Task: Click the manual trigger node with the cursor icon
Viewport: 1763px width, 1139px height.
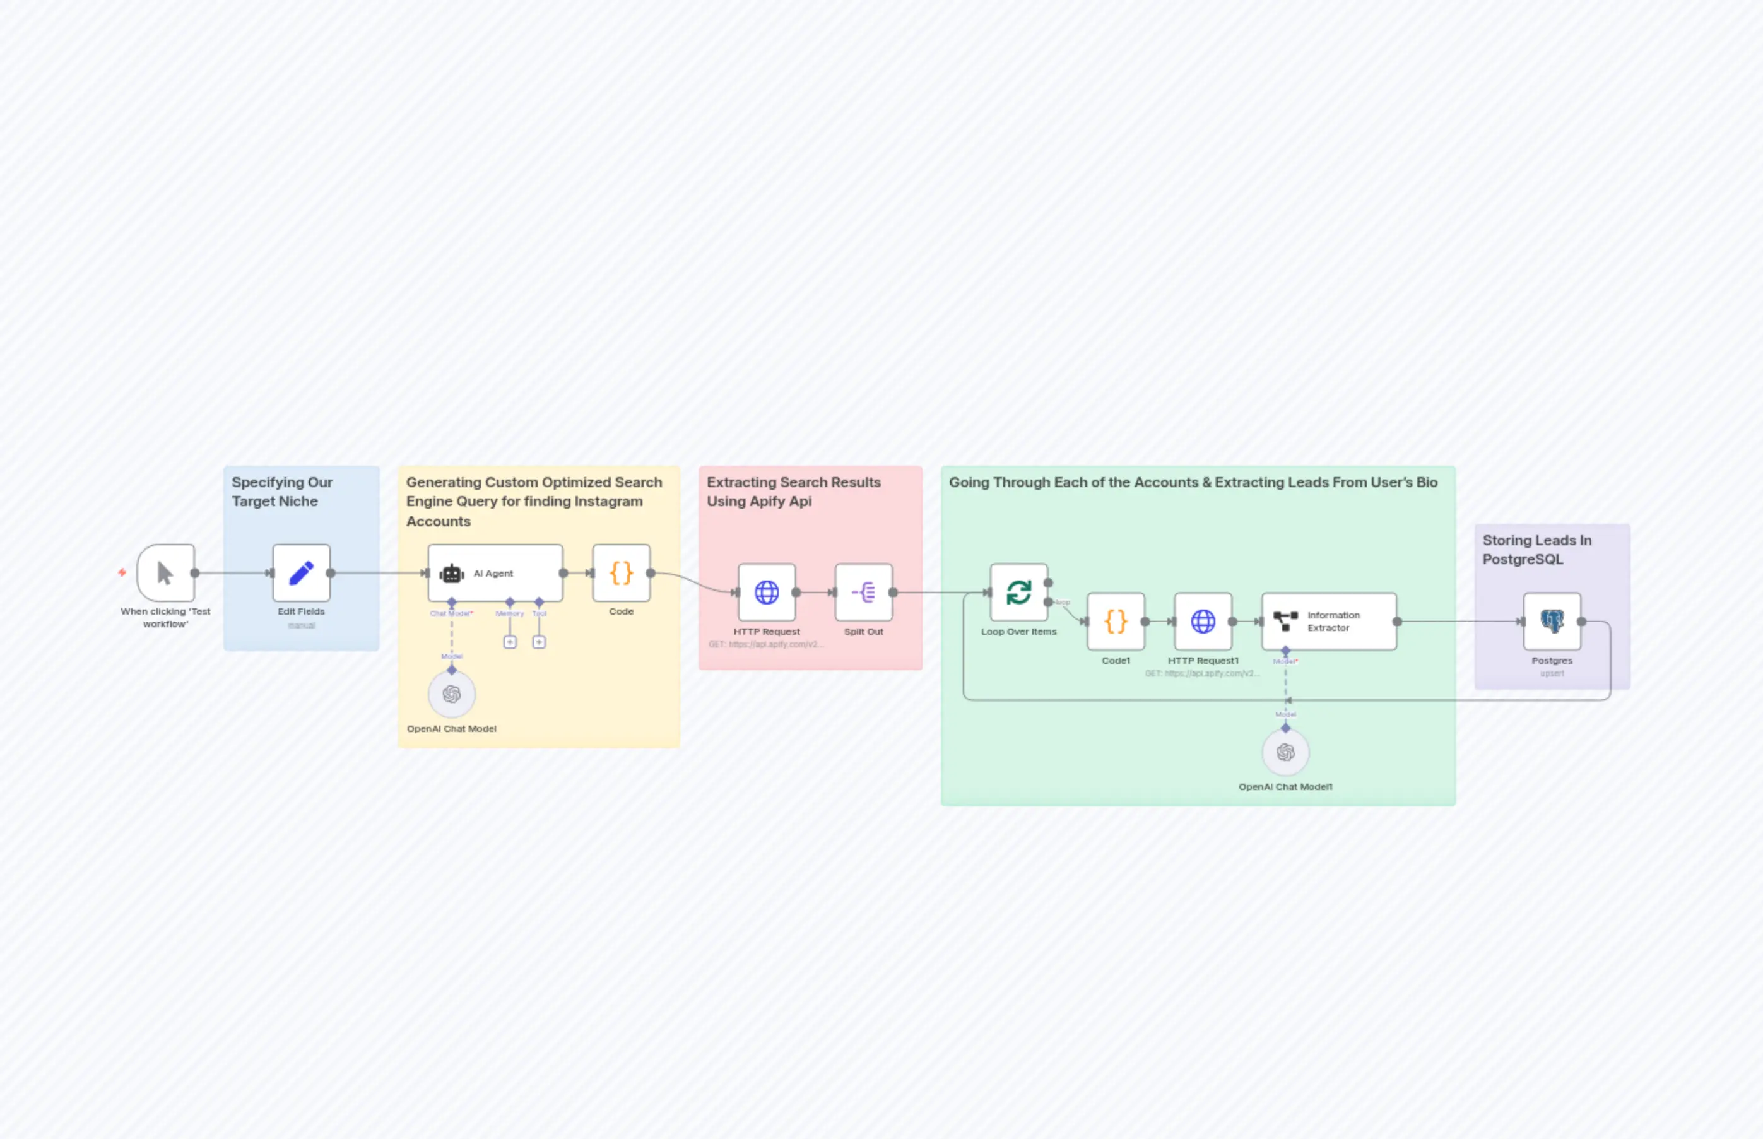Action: pyautogui.click(x=166, y=573)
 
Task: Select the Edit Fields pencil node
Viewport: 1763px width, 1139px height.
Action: pyautogui.click(x=301, y=573)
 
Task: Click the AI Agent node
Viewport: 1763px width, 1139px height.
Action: pyautogui.click(x=495, y=573)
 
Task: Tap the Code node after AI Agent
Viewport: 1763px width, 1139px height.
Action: pyautogui.click(x=621, y=573)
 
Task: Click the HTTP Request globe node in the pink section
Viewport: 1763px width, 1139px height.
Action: pyautogui.click(x=767, y=593)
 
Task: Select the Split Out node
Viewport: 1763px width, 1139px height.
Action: pyautogui.click(x=864, y=593)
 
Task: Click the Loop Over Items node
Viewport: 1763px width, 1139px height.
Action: pyautogui.click(x=1018, y=593)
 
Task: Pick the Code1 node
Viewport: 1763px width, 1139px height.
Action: pyautogui.click(x=1116, y=622)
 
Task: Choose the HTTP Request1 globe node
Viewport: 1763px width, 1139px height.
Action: pyautogui.click(x=1203, y=622)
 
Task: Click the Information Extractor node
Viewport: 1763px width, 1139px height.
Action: pyautogui.click(x=1329, y=622)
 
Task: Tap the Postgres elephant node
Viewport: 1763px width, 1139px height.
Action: pyautogui.click(x=1552, y=622)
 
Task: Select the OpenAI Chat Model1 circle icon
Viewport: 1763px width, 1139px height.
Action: pyautogui.click(x=1285, y=753)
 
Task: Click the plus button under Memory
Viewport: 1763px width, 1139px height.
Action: pyautogui.click(x=510, y=642)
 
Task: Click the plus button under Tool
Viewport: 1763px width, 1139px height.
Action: pyautogui.click(x=539, y=642)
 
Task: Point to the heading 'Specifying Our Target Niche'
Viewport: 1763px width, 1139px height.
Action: pyautogui.click(x=282, y=492)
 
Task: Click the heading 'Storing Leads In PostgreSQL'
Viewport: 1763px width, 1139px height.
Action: pyautogui.click(x=1536, y=550)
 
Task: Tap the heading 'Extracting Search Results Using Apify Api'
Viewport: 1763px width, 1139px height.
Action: pyautogui.click(x=794, y=492)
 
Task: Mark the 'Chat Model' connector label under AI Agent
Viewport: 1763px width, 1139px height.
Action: pyautogui.click(x=451, y=613)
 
